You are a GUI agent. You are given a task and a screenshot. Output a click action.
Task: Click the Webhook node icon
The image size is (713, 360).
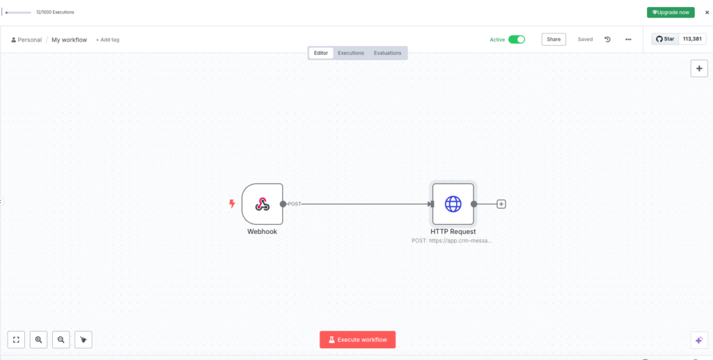[x=263, y=204]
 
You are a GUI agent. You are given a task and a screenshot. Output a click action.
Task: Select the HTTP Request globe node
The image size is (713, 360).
[x=453, y=204]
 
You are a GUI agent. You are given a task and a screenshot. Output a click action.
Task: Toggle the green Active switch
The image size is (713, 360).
[x=517, y=40]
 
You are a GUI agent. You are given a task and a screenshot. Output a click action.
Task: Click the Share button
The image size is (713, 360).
[x=554, y=40]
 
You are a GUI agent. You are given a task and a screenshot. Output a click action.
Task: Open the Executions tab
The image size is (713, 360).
[x=351, y=53]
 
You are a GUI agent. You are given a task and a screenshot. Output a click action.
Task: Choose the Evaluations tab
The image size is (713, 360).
[x=387, y=53]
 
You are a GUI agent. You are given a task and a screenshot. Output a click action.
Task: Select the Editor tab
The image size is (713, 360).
[x=321, y=53]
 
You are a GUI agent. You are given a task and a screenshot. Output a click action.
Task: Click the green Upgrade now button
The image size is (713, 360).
[x=671, y=13]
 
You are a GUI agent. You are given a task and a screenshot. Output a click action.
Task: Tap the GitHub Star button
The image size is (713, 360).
[x=665, y=39]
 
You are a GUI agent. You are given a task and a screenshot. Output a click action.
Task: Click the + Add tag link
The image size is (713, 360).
[x=107, y=40]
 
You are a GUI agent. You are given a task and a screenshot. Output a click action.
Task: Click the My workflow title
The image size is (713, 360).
[x=69, y=40]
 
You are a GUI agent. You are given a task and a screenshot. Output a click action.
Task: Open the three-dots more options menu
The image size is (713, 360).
[x=628, y=40]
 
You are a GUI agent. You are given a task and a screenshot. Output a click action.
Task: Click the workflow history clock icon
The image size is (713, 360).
[x=607, y=40]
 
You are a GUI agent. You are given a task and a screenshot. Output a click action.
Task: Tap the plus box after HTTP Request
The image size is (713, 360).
[x=501, y=204]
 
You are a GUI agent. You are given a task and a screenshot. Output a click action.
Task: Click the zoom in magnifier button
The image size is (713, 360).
[x=39, y=340]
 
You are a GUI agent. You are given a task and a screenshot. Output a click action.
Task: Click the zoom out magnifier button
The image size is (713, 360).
[x=61, y=340]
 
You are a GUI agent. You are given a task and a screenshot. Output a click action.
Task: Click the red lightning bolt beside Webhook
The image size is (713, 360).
[x=232, y=203]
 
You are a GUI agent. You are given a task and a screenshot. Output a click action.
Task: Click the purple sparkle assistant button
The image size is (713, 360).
[x=699, y=340]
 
